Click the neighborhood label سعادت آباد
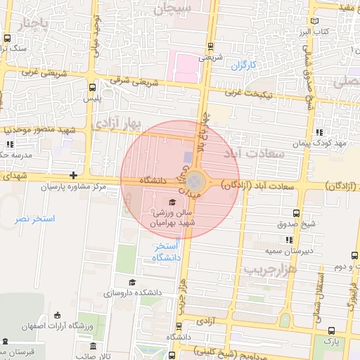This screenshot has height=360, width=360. click(254, 153)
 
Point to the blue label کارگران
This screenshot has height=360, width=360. click(244, 65)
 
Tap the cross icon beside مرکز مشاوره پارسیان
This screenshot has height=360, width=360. click(73, 175)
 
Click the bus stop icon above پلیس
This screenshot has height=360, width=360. click(93, 88)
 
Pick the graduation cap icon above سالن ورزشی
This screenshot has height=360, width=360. click(173, 202)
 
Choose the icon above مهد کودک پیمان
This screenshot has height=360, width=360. click(320, 131)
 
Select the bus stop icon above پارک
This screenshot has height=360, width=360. click(331, 330)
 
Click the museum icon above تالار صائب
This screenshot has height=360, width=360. click(94, 346)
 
